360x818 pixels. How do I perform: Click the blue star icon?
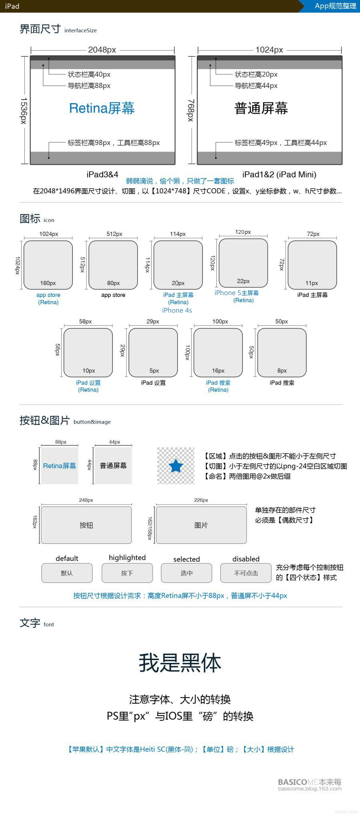pyautogui.click(x=176, y=466)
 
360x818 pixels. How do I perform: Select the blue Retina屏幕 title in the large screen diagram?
pyautogui.click(x=102, y=108)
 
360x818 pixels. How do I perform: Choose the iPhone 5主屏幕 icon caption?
pyautogui.click(x=237, y=293)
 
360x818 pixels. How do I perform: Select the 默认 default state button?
pyautogui.click(x=67, y=573)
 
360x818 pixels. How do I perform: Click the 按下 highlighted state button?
pyautogui.click(x=127, y=573)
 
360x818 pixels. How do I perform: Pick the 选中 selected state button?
pyautogui.click(x=186, y=573)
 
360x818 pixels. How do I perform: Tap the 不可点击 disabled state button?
pyautogui.click(x=246, y=573)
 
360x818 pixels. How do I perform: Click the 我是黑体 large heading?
pyautogui.click(x=180, y=663)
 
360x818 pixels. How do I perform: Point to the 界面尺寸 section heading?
pyautogui.click(x=40, y=29)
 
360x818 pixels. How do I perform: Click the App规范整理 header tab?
pyautogui.click(x=335, y=6)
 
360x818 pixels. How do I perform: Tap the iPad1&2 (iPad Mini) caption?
pyautogui.click(x=279, y=174)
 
